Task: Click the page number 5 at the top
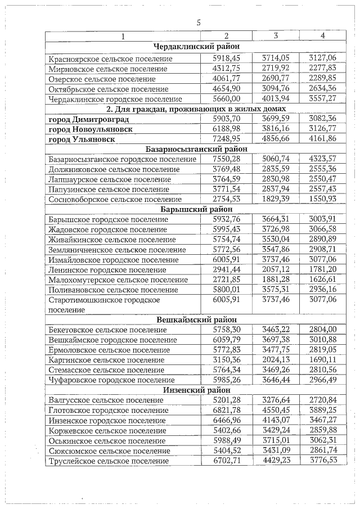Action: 198,22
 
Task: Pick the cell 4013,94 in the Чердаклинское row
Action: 275,99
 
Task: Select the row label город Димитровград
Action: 89,119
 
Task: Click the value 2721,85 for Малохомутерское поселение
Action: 227,280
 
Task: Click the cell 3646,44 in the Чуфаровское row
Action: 275,380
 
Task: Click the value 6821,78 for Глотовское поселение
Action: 227,411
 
